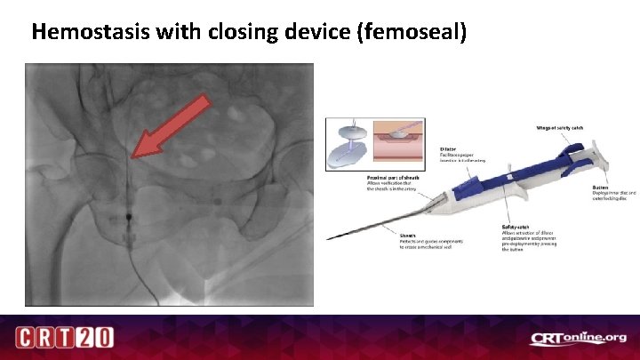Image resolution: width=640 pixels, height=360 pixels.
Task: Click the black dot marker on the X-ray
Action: [129, 216]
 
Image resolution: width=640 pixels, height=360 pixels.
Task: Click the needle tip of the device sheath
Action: [330, 238]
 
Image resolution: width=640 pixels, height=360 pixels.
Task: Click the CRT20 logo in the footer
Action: [63, 338]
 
